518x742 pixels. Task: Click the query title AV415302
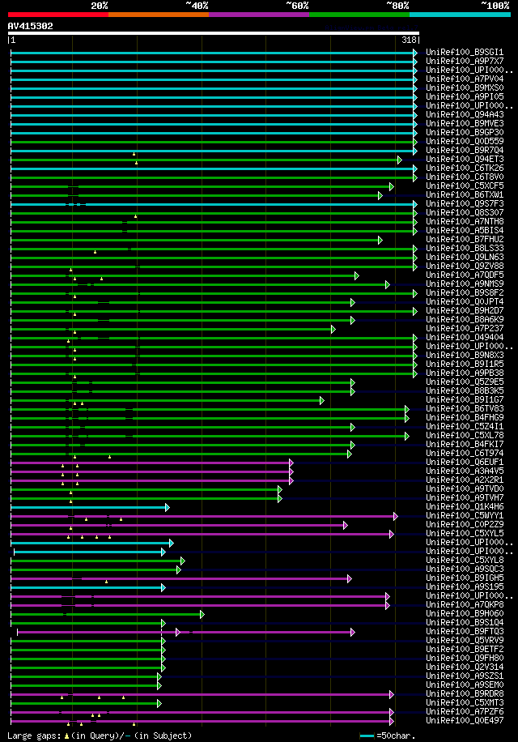point(31,26)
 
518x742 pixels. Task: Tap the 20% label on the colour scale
point(99,5)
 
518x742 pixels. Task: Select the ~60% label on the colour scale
point(297,5)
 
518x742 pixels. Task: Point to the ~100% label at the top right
point(495,5)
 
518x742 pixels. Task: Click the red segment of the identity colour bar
point(57,15)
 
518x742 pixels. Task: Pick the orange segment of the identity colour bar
point(158,15)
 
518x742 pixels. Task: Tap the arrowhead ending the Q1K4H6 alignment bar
point(167,507)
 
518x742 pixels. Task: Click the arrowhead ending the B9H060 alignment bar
point(202,614)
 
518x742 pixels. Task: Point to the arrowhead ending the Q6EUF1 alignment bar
point(291,463)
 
